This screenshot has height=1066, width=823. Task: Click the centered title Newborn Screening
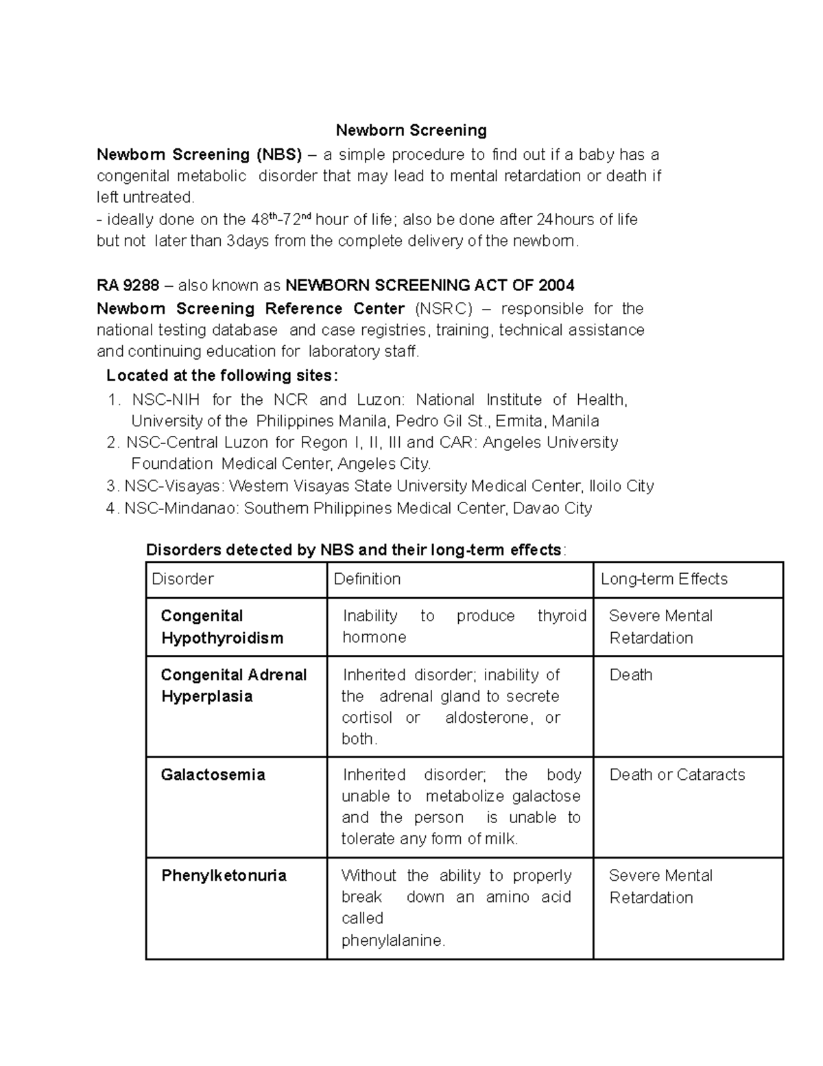[x=411, y=130]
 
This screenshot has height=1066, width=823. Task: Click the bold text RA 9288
[x=128, y=286]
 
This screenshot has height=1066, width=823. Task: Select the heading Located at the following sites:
[x=222, y=375]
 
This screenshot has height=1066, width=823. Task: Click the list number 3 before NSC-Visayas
[x=112, y=487]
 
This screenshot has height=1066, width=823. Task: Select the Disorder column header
[x=182, y=579]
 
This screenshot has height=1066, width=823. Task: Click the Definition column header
[x=367, y=579]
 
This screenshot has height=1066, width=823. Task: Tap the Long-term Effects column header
[x=663, y=579]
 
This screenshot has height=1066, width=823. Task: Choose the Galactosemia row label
[x=213, y=775]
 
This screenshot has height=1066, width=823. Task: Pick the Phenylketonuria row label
[x=224, y=876]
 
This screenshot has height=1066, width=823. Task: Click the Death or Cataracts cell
[x=677, y=775]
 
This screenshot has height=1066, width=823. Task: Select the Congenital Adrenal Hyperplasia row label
[x=233, y=686]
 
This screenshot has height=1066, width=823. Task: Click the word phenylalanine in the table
[x=392, y=941]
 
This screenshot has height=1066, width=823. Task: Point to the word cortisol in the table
[x=367, y=718]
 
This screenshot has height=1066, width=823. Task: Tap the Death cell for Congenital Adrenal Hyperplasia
[x=630, y=675]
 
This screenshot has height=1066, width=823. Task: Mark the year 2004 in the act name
[x=556, y=286]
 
